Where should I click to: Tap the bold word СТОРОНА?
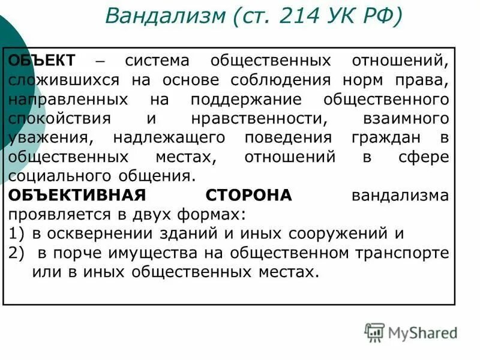(248, 196)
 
